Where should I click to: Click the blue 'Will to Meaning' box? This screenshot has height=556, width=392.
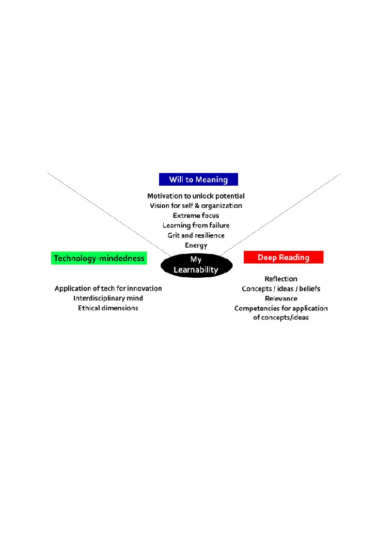[198, 179]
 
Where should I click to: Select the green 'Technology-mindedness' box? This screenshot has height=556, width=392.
[99, 258]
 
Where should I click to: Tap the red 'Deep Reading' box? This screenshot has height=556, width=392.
[284, 257]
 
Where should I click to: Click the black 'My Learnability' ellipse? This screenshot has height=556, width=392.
[196, 265]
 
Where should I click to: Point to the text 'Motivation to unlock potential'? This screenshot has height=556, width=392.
[196, 196]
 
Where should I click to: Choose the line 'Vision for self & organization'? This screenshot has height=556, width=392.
[196, 206]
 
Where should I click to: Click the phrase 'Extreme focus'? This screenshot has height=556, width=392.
[196, 216]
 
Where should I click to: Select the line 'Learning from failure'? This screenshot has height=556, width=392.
[196, 226]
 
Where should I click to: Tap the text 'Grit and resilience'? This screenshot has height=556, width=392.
[196, 235]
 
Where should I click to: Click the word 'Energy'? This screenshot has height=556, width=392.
[196, 245]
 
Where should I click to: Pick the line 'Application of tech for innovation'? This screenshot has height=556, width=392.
[108, 289]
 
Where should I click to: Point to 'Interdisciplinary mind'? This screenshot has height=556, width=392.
[108, 298]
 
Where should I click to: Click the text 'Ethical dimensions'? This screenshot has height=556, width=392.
[108, 308]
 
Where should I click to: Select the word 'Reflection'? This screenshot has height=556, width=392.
[281, 279]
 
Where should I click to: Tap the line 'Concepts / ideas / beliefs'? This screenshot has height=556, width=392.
[281, 289]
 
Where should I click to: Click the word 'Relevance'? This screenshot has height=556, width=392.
[281, 298]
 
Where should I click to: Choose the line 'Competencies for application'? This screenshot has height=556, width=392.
[281, 308]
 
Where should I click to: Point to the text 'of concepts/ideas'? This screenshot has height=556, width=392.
[281, 318]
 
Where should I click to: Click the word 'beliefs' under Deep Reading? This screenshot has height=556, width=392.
[309, 289]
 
